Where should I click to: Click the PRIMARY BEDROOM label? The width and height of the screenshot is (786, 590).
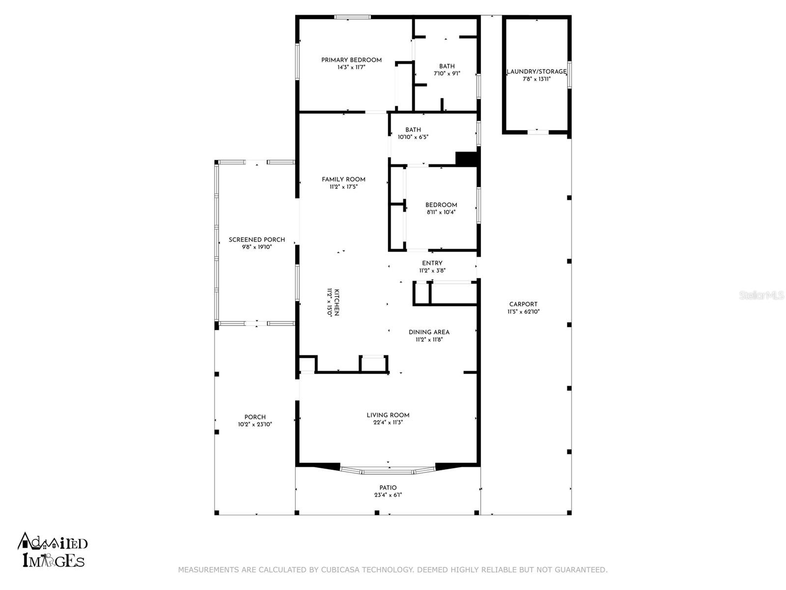pos(351,60)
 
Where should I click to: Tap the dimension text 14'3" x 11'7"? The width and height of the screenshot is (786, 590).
pos(351,67)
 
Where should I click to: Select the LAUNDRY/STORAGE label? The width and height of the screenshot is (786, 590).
pos(536,72)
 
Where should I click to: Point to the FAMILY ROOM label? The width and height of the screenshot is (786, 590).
pos(343,179)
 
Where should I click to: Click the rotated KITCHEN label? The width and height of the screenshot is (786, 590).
pos(337,302)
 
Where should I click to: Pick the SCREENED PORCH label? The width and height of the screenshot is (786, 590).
pos(257,239)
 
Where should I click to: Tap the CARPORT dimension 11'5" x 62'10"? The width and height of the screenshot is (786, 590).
pos(523,312)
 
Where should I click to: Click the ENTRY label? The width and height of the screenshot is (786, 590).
pos(432,263)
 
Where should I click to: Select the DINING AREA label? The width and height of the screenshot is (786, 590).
pos(429,332)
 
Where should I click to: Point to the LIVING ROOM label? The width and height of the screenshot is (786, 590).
pos(388,415)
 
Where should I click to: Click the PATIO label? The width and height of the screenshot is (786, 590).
pos(388,488)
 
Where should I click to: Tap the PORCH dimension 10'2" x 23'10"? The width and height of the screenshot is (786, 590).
pos(255,424)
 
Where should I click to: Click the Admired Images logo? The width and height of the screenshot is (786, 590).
pos(52,550)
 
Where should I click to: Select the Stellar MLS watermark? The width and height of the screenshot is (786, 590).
pos(761,295)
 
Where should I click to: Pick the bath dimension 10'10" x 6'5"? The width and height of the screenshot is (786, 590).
pos(413,137)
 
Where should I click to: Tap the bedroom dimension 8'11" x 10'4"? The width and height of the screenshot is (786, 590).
pos(441,212)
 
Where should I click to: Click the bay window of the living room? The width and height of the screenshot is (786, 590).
pos(388,471)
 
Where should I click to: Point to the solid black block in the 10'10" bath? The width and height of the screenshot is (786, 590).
pos(466,159)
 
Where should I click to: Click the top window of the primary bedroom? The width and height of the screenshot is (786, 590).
pos(352,17)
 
